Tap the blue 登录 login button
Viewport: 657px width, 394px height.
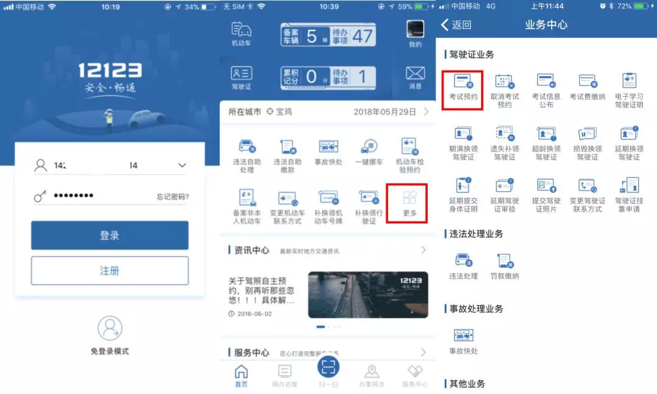[x=109, y=236]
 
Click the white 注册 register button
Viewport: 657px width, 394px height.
[x=109, y=270]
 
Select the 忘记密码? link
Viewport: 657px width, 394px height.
[x=172, y=197]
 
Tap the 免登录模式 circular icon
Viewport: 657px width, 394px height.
[x=109, y=328]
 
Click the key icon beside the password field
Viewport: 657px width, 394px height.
[x=41, y=196]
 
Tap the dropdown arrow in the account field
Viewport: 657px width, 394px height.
[x=181, y=165]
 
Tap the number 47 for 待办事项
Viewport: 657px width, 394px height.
[x=362, y=35]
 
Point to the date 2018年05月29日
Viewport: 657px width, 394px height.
[x=384, y=112]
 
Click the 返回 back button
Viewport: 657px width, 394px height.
[x=456, y=25]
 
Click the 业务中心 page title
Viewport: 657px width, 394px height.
[x=546, y=25]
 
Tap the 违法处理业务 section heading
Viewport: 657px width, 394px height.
[x=476, y=234]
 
